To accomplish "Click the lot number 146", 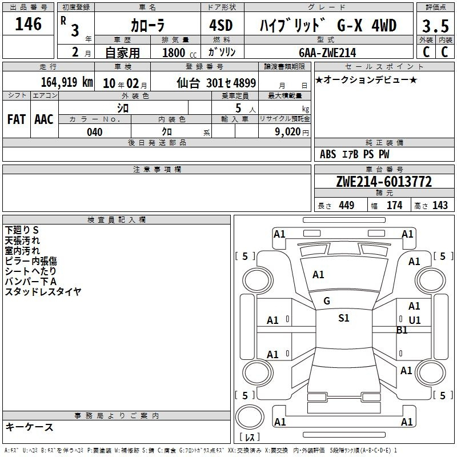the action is (x=28, y=24).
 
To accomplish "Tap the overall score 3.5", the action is (x=435, y=26).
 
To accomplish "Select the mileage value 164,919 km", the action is (x=67, y=82).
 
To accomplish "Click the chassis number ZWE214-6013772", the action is (x=384, y=182).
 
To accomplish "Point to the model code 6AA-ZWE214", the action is (x=327, y=53).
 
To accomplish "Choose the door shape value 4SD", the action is (x=221, y=25).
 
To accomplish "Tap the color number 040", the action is (x=95, y=132).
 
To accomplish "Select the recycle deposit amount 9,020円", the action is (x=292, y=132).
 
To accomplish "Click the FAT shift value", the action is (x=17, y=119).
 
